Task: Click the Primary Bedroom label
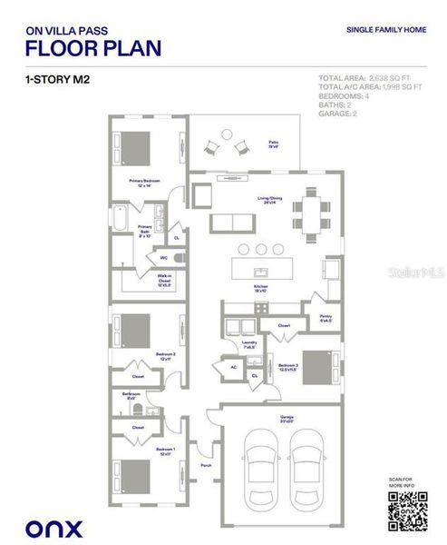pyautogui.click(x=144, y=183)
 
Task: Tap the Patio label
pyautogui.click(x=272, y=144)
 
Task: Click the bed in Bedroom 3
pyautogui.click(x=318, y=367)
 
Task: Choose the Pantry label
pyautogui.click(x=325, y=318)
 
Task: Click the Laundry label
pyautogui.click(x=248, y=344)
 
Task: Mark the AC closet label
pyautogui.click(x=233, y=368)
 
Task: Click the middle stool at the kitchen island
pyautogui.click(x=260, y=248)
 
